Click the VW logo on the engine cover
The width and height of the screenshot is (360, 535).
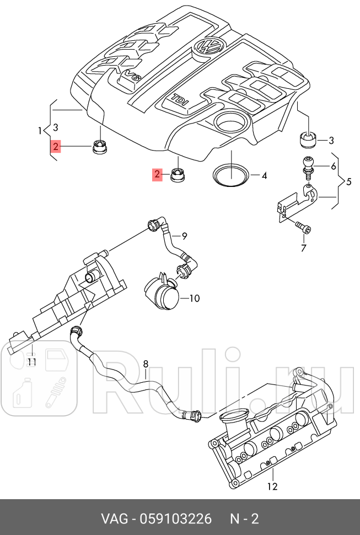[x=209, y=46]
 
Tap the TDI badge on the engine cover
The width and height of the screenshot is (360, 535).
[x=180, y=101]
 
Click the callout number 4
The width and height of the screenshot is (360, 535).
[x=264, y=176]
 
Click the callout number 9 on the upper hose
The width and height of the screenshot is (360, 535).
[x=184, y=237]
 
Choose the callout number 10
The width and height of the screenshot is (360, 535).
[x=194, y=298]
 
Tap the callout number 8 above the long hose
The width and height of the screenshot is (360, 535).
[x=146, y=363]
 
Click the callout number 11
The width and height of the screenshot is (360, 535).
[x=32, y=362]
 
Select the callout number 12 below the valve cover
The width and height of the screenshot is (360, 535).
[x=272, y=486]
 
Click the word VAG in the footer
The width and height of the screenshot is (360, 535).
[x=112, y=518]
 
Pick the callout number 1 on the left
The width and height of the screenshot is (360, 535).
[x=40, y=131]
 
